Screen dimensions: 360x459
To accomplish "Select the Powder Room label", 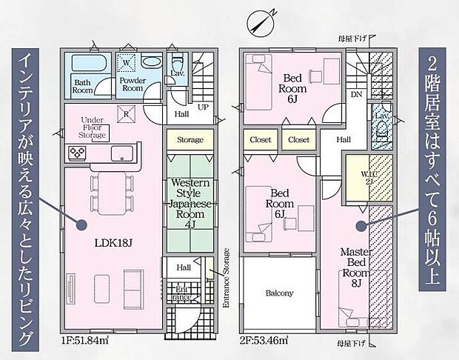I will coord(132,84).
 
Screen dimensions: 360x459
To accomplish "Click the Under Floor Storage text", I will coord(96,127).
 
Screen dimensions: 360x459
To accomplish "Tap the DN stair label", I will coord(355,95).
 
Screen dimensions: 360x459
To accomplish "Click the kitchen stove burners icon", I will coord(78,153).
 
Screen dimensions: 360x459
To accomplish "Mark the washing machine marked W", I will coord(126,62).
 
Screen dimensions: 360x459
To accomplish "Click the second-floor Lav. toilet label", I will coord(381,116).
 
